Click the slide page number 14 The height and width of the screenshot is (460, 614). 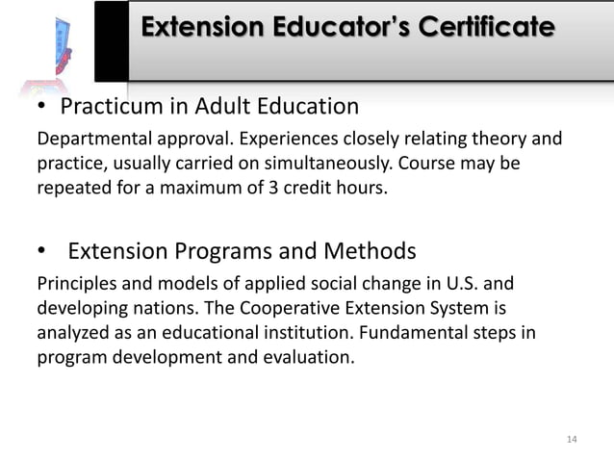click(572, 440)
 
